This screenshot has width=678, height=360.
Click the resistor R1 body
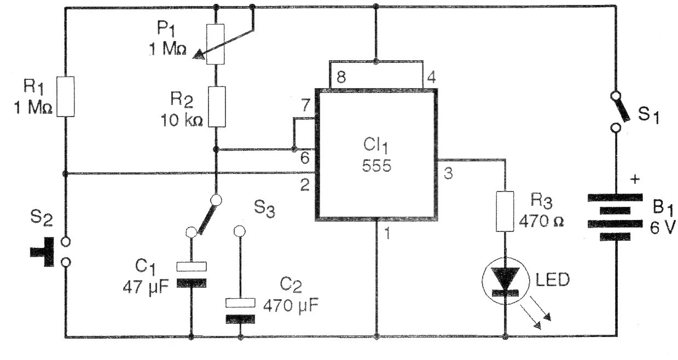65,96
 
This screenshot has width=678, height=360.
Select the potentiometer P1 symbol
217,44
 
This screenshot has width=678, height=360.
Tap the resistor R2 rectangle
217,107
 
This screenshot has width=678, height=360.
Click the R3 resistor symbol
505,210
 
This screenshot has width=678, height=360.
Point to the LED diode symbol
505,281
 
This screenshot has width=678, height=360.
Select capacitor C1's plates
192,274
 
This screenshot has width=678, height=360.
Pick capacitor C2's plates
240,310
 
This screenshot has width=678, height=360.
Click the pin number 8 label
341,78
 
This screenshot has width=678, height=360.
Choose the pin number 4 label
430,77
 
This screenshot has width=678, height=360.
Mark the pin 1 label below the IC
387,234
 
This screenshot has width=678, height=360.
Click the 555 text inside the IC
376,166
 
